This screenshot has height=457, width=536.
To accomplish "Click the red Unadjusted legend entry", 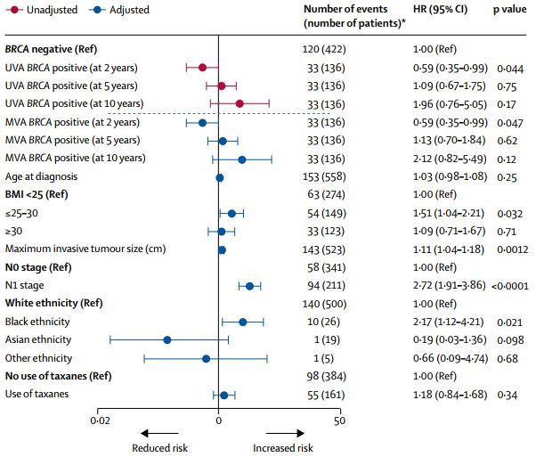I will [41, 11].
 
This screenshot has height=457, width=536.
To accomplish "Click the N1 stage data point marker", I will [249, 285].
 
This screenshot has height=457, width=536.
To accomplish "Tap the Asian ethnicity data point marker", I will [166, 339].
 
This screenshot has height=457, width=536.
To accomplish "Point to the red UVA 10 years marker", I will [240, 103].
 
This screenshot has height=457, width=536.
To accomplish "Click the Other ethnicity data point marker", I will [206, 358].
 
